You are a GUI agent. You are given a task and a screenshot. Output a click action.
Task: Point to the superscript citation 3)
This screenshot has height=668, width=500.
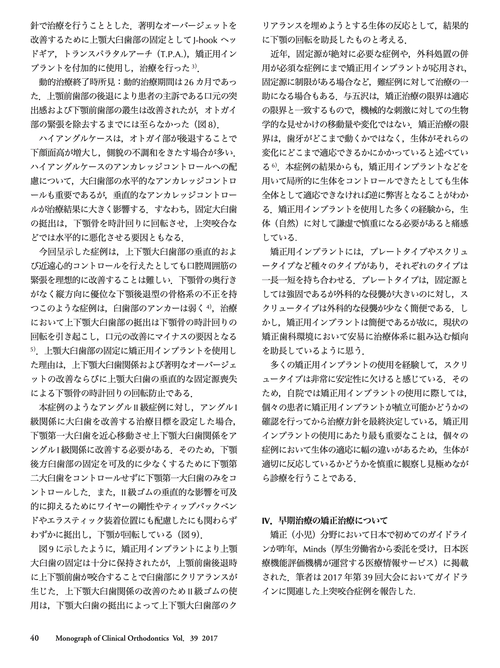point(195,67)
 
